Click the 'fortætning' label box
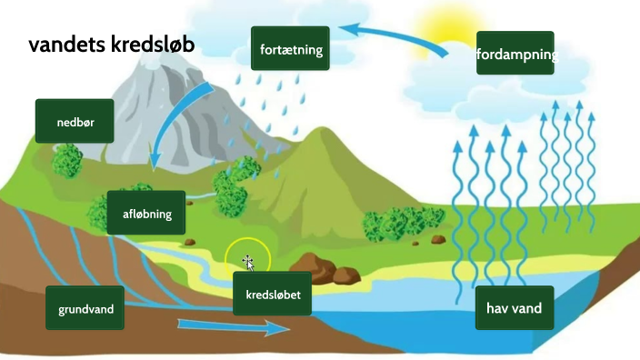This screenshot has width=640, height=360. [x=289, y=49]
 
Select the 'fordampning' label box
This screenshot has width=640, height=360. [x=515, y=55]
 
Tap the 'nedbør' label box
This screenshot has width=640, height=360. [x=75, y=121]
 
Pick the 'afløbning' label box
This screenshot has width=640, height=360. [x=145, y=214]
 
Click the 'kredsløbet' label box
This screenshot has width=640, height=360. [x=273, y=293]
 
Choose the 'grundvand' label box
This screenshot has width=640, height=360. [x=85, y=309]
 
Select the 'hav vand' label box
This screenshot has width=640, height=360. [x=514, y=308]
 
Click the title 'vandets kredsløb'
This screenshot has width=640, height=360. [x=111, y=45]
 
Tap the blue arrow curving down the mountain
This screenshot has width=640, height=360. [x=178, y=127]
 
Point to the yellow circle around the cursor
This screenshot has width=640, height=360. [x=247, y=259]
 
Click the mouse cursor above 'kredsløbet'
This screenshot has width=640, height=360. [x=247, y=263]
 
